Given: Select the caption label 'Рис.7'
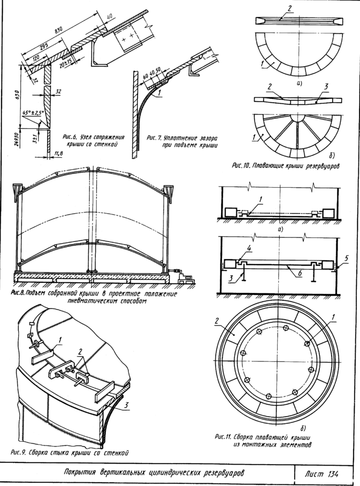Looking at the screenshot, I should pos(154,137).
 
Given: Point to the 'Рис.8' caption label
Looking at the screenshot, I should pos(20,293).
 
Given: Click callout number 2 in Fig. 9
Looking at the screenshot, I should pos(80,351).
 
